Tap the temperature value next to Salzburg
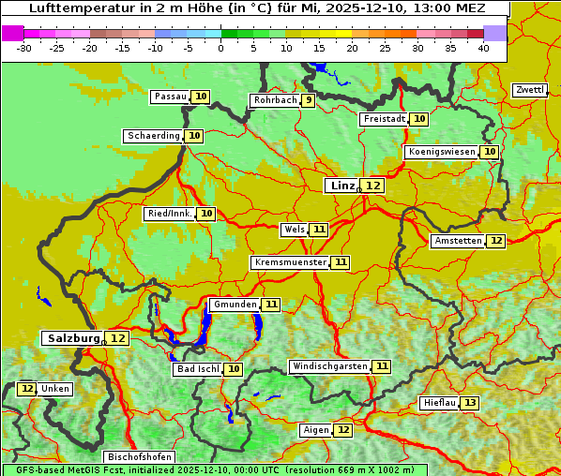(x=117, y=338)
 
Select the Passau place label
(x=171, y=97)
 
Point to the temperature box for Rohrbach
(x=308, y=100)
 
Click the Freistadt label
(x=384, y=119)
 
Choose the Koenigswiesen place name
(x=442, y=152)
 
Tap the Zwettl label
(x=529, y=90)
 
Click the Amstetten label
(x=458, y=241)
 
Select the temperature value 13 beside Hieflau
(x=470, y=403)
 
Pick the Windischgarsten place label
(x=329, y=366)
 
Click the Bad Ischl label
(x=197, y=369)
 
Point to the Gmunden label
(x=234, y=305)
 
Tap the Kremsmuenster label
(x=290, y=262)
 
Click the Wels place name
(x=294, y=230)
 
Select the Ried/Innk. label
(x=170, y=214)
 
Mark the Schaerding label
(x=154, y=136)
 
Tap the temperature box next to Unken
(x=27, y=389)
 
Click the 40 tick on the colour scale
(x=483, y=48)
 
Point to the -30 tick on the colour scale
(x=24, y=48)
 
